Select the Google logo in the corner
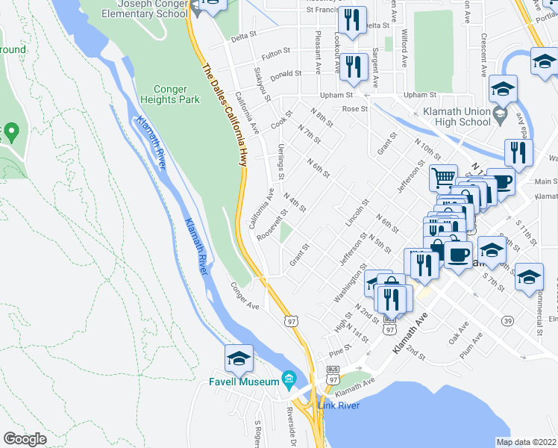point(25,439)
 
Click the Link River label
point(339,405)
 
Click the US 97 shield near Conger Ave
point(291,320)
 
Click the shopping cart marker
point(443,178)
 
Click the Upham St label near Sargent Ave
point(336,96)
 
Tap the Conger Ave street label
point(244,296)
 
